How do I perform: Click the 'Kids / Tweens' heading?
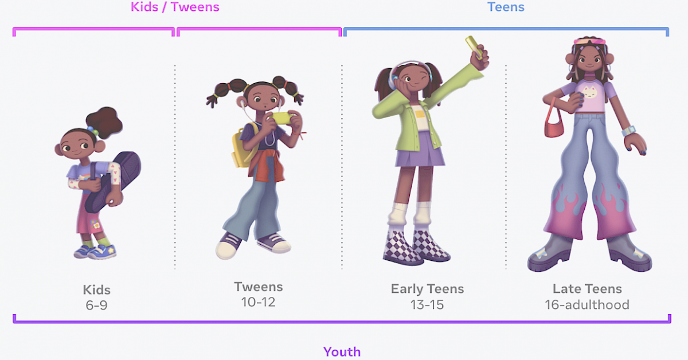pyautogui.click(x=175, y=7)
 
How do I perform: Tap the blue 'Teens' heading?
pyautogui.click(x=506, y=7)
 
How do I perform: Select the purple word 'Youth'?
pyautogui.click(x=342, y=351)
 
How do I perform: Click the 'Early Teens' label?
pyautogui.click(x=427, y=288)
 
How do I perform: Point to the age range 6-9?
pyautogui.click(x=96, y=305)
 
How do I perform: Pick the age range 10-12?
pyautogui.click(x=258, y=302)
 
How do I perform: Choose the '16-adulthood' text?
pyautogui.click(x=587, y=304)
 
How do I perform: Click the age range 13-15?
pyautogui.click(x=427, y=304)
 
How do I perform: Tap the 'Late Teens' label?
pyautogui.click(x=587, y=288)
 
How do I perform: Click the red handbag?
pyautogui.click(x=554, y=127)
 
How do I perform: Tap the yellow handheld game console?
pyautogui.click(x=281, y=118)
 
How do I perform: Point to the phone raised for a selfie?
pyautogui.click(x=475, y=45)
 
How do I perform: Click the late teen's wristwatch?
pyautogui.click(x=628, y=131)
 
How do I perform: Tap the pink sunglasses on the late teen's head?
pyautogui.click(x=589, y=41)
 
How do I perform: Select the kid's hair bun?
pyautogui.click(x=105, y=120)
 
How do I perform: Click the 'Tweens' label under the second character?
pyautogui.click(x=258, y=286)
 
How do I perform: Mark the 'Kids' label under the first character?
pyautogui.click(x=96, y=289)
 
